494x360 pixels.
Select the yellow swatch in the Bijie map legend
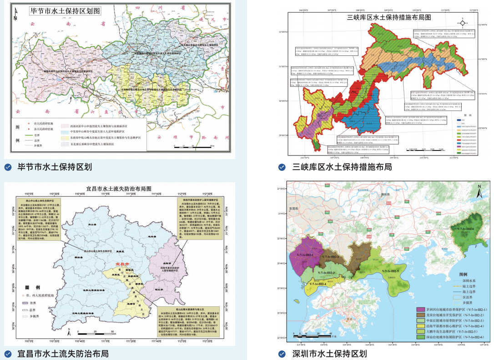click(x=65, y=138)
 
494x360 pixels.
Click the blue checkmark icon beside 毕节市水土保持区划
click(x=8, y=167)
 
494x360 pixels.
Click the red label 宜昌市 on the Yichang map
click(x=123, y=263)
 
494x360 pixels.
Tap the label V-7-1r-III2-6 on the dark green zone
click(x=464, y=228)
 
